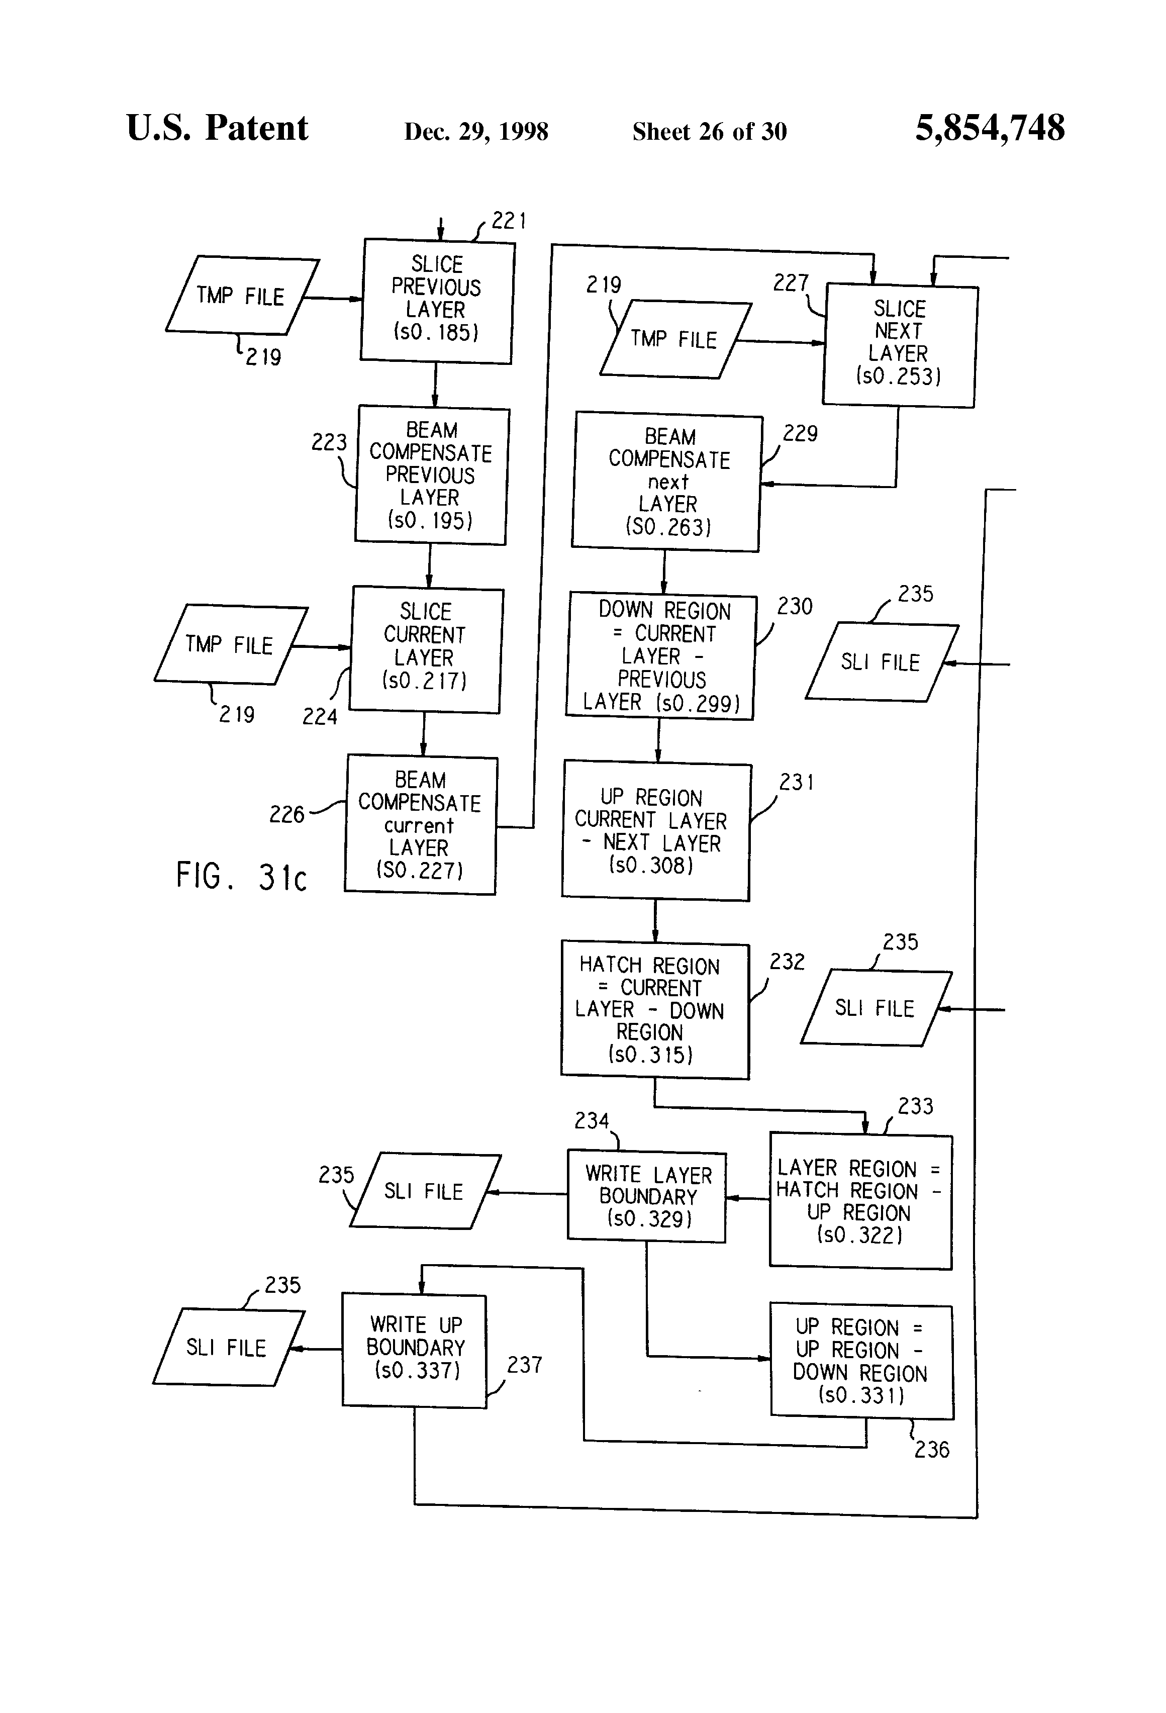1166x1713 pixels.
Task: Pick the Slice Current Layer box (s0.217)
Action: tap(425, 648)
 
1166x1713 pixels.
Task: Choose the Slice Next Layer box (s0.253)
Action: tap(899, 345)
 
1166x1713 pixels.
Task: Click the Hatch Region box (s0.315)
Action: tap(654, 1010)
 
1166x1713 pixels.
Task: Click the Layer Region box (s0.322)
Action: tap(860, 1201)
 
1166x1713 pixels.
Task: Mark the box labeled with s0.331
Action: tap(861, 1362)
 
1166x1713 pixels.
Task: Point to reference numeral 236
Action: tap(932, 1449)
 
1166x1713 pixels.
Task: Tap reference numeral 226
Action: tap(286, 814)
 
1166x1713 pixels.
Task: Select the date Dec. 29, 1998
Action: tap(476, 131)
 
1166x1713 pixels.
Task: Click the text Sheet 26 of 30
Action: tap(709, 131)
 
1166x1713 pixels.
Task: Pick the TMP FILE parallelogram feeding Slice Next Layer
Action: tap(674, 340)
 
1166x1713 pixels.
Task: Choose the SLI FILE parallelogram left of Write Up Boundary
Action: tap(227, 1348)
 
